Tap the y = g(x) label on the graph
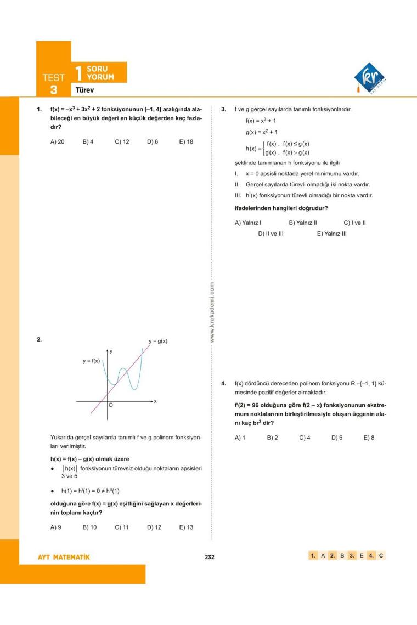point(158,341)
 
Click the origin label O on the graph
point(110,405)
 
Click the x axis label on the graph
point(155,401)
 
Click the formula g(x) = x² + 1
point(262,132)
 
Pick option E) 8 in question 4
point(369,438)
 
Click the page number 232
point(209,557)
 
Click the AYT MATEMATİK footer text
point(63,557)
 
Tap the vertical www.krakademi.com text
point(212,312)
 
